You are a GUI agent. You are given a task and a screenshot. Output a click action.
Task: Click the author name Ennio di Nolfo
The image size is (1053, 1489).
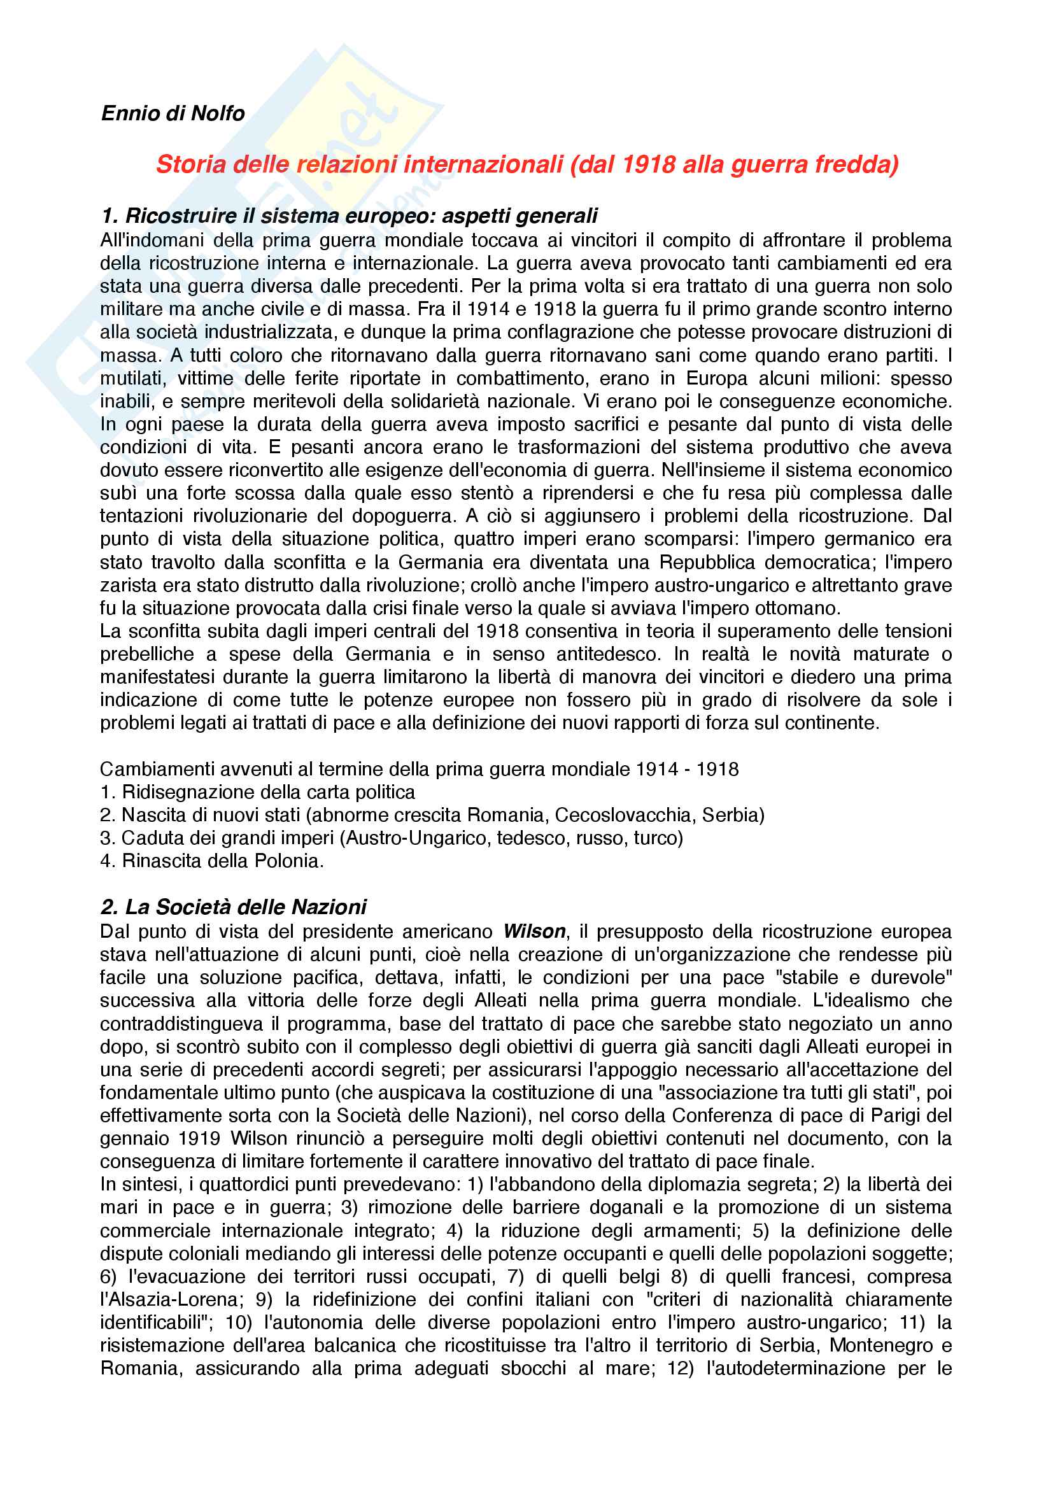coord(173,113)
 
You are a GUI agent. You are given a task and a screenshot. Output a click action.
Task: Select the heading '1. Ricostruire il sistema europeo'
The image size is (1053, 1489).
coord(349,216)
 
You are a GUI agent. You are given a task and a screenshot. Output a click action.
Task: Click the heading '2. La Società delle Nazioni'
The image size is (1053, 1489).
coord(234,907)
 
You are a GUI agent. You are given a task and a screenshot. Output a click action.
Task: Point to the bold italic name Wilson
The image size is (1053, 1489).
coord(534,931)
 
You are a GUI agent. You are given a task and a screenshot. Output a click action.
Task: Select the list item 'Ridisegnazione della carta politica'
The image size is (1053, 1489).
coord(269,792)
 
